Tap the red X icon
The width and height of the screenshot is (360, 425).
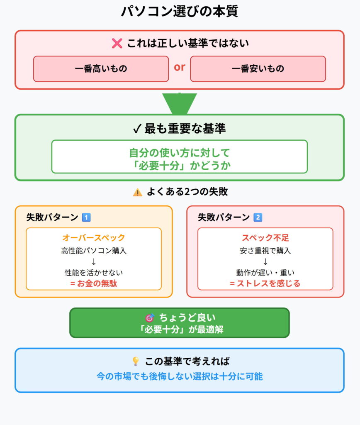pyautogui.click(x=117, y=43)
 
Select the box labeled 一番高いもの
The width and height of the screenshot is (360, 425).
pyautogui.click(x=101, y=68)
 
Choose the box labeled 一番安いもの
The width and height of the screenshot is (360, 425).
pyautogui.click(x=258, y=68)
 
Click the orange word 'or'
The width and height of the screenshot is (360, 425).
pyautogui.click(x=180, y=67)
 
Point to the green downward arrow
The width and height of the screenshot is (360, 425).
pyautogui.click(x=180, y=104)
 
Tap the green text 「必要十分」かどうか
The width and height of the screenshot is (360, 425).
pyautogui.click(x=180, y=165)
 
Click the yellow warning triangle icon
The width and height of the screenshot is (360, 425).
pyautogui.click(x=137, y=192)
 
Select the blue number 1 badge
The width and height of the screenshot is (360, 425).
pyautogui.click(x=86, y=217)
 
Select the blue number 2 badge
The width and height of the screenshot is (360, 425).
pyautogui.click(x=258, y=217)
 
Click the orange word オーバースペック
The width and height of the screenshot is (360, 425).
pyautogui.click(x=93, y=238)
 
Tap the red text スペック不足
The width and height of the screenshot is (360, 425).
pyautogui.click(x=265, y=238)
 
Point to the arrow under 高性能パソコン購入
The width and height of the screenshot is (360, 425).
pyautogui.click(x=93, y=261)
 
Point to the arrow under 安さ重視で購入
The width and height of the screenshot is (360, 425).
pyautogui.click(x=265, y=261)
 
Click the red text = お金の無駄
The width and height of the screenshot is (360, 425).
pyautogui.click(x=93, y=283)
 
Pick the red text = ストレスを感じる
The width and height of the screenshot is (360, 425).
pyautogui.click(x=265, y=283)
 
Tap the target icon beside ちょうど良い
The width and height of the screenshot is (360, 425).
pyautogui.click(x=149, y=318)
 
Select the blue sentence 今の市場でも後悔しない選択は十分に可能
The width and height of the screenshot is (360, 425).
pyautogui.click(x=180, y=376)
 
